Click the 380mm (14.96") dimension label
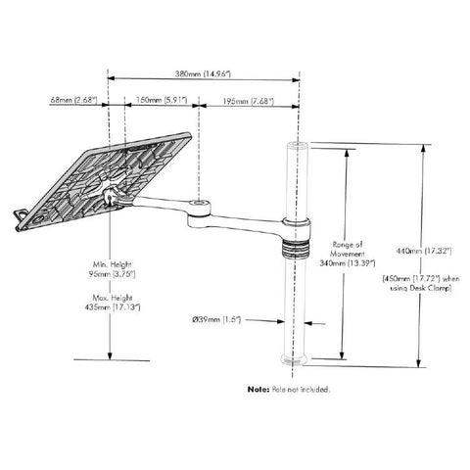(203, 73)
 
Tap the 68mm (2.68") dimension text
(73, 100)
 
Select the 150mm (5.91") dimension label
(162, 100)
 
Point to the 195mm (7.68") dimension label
(249, 101)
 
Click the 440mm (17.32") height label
(424, 251)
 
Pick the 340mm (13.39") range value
(348, 263)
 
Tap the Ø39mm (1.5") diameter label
(216, 319)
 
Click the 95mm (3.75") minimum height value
(112, 274)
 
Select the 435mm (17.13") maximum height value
(113, 307)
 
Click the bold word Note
(258, 389)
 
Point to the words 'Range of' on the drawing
(348, 245)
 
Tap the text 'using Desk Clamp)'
(421, 288)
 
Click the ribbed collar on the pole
(295, 250)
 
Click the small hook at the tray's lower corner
(21, 215)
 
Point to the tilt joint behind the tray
(111, 197)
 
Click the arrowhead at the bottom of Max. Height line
(110, 355)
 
